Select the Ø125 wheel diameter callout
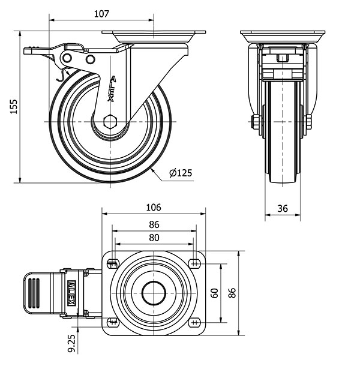(181, 173)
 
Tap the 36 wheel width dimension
(283, 209)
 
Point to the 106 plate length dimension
(154, 208)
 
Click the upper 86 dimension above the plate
(154, 225)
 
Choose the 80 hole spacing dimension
(154, 238)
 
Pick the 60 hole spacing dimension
(214, 293)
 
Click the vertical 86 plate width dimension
(232, 293)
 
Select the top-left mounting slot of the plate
(113, 263)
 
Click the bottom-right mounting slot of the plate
(195, 323)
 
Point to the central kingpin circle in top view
(154, 293)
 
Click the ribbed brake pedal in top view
(35, 293)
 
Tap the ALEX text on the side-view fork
(111, 88)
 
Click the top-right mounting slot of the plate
(195, 263)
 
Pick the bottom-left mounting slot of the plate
(113, 323)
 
